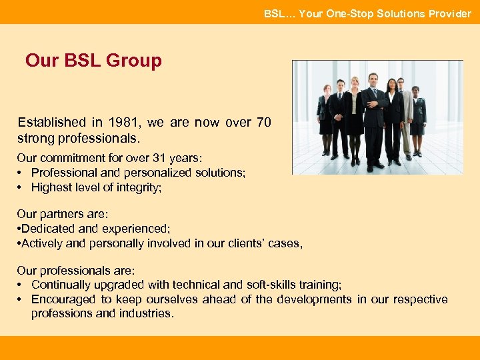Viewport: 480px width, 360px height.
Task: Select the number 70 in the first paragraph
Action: point(263,123)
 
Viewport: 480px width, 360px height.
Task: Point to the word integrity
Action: point(137,187)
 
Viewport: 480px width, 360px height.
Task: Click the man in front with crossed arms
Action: point(375,120)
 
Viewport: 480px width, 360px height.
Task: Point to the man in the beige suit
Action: point(405,117)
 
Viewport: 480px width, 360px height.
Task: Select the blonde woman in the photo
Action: point(353,117)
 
